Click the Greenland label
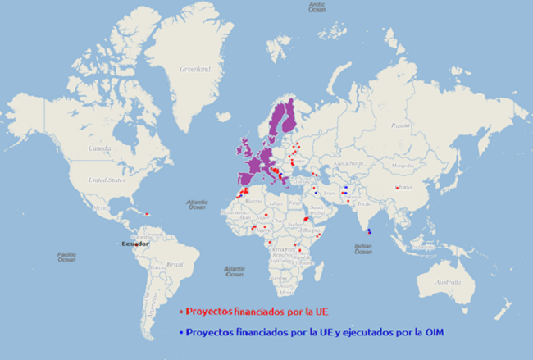[195, 69]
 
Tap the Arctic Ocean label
[317, 7]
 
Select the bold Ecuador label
[134, 244]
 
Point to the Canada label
[99, 148]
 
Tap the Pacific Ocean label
[66, 257]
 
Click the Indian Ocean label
[363, 249]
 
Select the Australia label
[448, 283]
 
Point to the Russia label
[400, 125]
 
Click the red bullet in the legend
[180, 312]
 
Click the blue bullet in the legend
[180, 333]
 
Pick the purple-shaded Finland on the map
[288, 115]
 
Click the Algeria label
[255, 199]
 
